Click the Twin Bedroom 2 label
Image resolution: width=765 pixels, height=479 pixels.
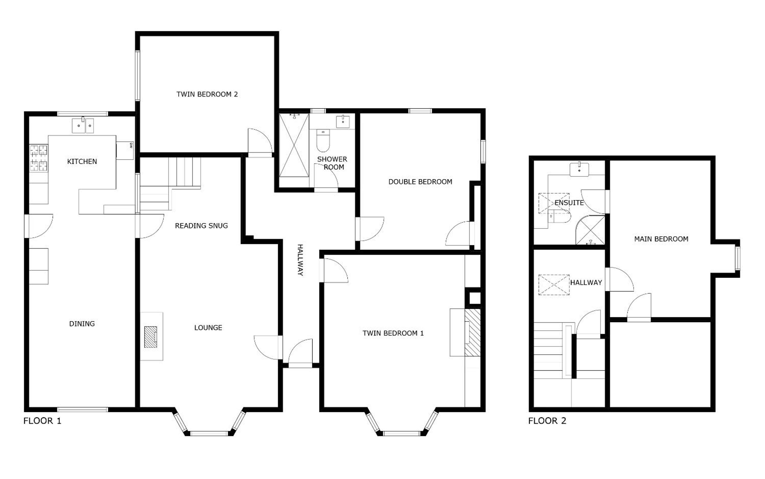(207, 94)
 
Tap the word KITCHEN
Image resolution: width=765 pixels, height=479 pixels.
(82, 162)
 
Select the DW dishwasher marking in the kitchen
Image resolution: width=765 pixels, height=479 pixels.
(131, 145)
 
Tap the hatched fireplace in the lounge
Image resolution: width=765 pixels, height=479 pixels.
(151, 337)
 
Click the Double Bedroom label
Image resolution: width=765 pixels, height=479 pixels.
(420, 182)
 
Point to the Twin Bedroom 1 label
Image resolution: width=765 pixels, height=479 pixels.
(393, 333)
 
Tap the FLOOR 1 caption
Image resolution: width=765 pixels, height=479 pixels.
(42, 421)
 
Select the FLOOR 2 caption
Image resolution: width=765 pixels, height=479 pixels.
(547, 421)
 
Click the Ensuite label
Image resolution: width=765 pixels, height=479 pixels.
(569, 203)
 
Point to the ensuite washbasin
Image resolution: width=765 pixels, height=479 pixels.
(579, 170)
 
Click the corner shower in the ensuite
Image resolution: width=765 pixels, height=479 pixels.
(590, 230)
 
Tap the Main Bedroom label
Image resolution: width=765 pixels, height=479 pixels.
(661, 239)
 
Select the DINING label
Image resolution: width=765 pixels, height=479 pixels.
(82, 324)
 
